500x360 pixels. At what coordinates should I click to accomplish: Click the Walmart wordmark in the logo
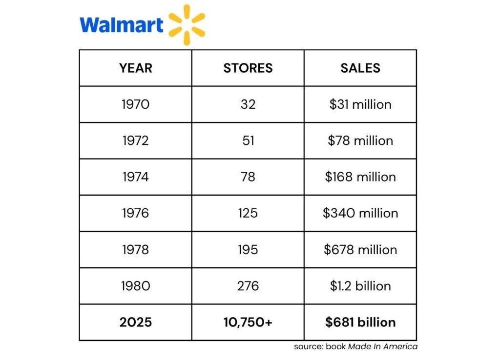tap(121, 24)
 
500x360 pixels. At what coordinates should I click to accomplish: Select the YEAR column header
tap(136, 68)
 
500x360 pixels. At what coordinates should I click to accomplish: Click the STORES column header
tap(248, 68)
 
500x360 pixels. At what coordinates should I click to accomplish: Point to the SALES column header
tap(360, 68)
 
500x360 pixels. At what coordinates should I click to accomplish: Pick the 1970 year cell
tap(136, 104)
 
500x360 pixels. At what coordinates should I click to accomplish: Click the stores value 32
tap(248, 104)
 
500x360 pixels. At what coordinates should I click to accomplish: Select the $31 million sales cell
tap(360, 104)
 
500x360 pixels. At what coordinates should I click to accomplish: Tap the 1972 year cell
tap(136, 140)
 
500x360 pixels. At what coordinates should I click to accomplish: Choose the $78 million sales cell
tap(360, 140)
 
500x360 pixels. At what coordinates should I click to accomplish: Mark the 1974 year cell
tap(136, 177)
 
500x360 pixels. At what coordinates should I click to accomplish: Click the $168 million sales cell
tap(360, 177)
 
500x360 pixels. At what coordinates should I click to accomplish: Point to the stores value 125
tap(248, 213)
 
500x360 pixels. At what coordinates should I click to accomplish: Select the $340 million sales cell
tap(360, 213)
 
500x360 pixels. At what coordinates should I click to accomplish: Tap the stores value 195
tap(248, 249)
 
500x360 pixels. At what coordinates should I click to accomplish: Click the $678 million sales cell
tap(360, 249)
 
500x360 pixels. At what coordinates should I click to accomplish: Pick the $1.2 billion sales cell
tap(360, 286)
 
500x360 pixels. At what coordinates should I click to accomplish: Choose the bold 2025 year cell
tap(136, 322)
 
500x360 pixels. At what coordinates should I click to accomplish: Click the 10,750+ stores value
tap(248, 322)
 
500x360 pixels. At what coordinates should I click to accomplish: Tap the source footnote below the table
tap(355, 347)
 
